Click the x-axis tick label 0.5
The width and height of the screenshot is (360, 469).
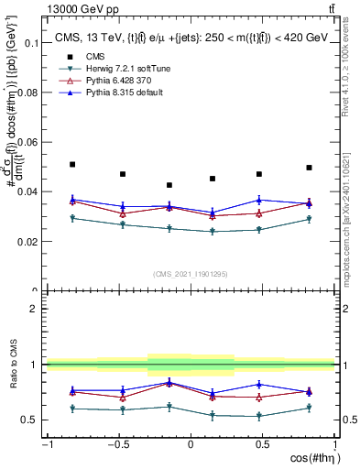point(262,445)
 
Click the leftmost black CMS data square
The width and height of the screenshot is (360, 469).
point(72,164)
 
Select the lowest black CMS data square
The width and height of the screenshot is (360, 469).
point(169,185)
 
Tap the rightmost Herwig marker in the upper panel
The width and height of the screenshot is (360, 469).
point(309,219)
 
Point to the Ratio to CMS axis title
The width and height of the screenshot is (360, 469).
point(11,365)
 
